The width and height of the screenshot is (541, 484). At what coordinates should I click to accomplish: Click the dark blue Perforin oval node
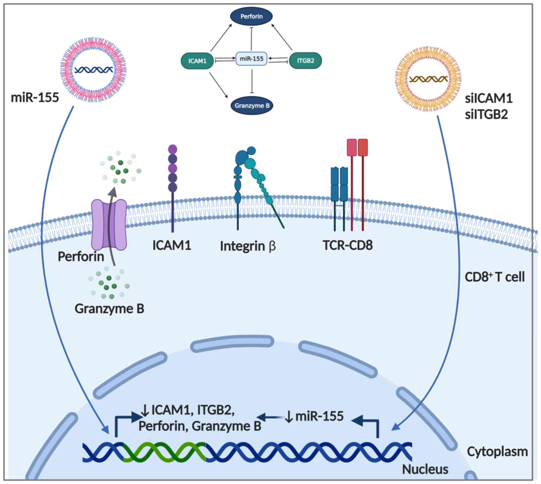[x=251, y=16]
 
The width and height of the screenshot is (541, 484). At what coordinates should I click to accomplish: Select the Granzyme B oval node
[x=252, y=106]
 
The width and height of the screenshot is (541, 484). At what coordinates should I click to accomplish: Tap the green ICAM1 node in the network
[x=197, y=61]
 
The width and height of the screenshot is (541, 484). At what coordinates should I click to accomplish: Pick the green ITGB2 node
[x=305, y=61]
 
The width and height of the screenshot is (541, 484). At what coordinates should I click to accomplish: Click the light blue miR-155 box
[x=251, y=59]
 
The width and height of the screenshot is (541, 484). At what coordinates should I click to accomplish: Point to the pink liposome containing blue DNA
[x=93, y=70]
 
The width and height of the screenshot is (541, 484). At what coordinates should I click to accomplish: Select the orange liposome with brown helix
[x=428, y=79]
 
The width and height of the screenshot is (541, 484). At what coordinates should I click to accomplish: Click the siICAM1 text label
[x=489, y=99]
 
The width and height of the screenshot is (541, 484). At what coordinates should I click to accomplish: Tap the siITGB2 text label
[x=486, y=115]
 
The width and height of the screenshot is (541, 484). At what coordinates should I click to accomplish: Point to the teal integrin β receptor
[x=250, y=176]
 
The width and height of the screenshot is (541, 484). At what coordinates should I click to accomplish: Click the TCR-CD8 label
[x=348, y=245]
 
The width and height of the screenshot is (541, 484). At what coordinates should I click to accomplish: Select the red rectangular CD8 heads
[x=357, y=147]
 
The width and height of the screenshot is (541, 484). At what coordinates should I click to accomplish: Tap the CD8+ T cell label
[x=495, y=277]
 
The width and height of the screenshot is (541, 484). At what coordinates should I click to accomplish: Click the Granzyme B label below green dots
[x=109, y=309]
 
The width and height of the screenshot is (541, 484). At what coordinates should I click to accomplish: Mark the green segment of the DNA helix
[x=165, y=453]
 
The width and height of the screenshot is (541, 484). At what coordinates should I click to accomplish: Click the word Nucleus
[x=425, y=469]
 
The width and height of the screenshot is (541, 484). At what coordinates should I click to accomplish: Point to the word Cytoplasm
[x=497, y=452]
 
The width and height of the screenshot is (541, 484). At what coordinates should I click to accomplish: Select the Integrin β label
[x=248, y=246]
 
